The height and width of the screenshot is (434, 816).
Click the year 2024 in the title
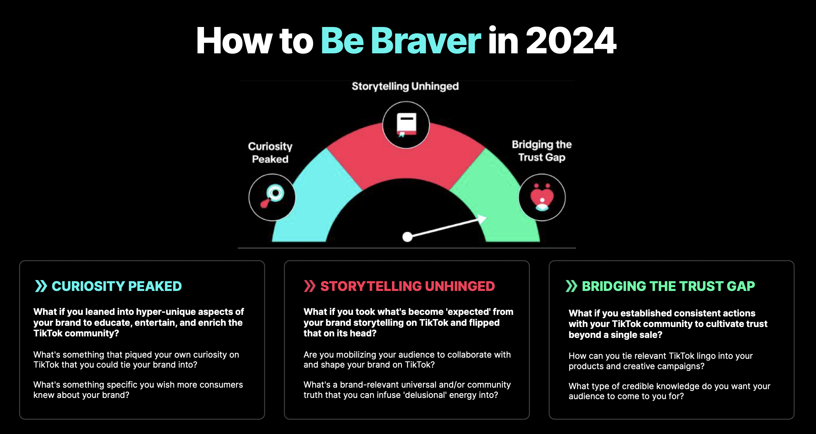point(571,41)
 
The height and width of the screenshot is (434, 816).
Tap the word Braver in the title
point(426,41)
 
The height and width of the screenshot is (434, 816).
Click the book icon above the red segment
point(407,125)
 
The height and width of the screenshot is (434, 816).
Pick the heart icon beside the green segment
point(542,197)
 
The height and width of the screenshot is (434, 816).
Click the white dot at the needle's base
point(407,237)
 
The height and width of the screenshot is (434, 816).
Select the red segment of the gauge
point(406,155)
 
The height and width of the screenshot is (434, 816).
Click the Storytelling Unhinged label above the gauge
point(405,86)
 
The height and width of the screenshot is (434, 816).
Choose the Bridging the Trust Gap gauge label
point(542,151)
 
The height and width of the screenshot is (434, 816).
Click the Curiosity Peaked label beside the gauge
point(270,152)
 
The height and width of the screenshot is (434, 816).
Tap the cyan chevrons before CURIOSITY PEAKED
point(41,286)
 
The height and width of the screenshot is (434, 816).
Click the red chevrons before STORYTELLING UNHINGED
point(310,286)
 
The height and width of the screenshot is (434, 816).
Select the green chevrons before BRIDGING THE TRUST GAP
point(572,286)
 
